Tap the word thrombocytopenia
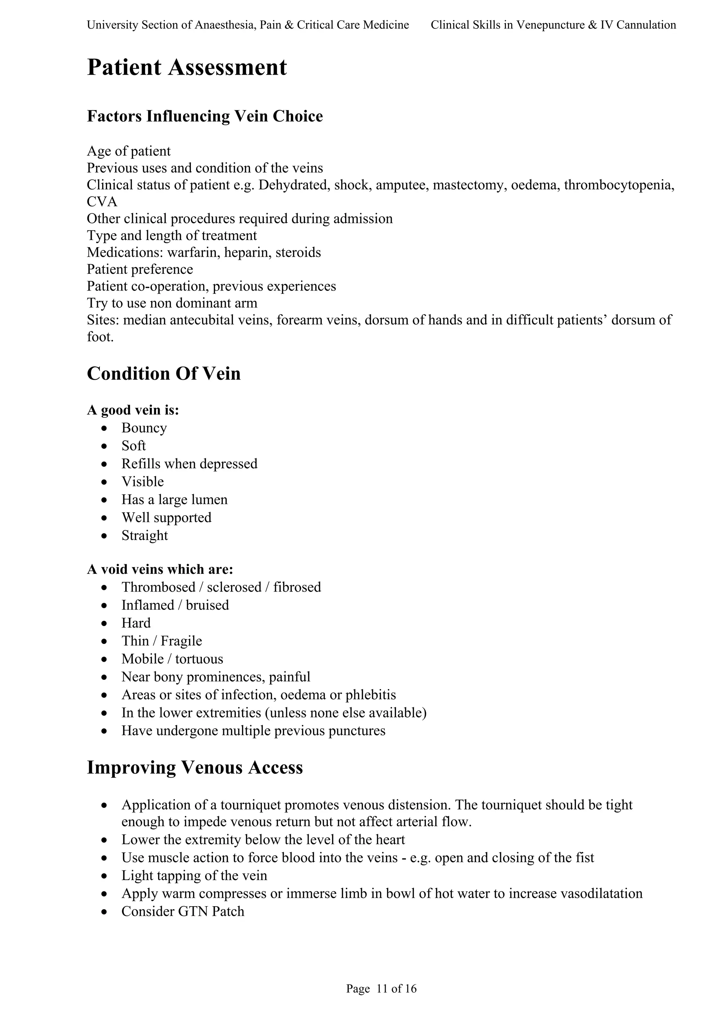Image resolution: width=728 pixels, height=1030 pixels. point(619,185)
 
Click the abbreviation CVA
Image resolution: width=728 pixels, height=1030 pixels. point(102,202)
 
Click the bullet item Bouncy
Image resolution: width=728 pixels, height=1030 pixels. point(144,428)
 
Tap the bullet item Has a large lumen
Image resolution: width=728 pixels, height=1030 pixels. point(174,500)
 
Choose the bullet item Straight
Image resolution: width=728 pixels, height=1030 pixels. point(144,536)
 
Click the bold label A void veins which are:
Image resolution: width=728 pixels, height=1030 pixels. point(160,570)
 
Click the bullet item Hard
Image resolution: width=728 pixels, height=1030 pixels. point(136,623)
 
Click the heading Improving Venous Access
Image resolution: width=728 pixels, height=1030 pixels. point(195,768)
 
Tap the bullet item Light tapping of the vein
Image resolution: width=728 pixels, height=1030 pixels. point(194,875)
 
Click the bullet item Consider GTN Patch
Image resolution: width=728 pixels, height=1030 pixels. point(183,911)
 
